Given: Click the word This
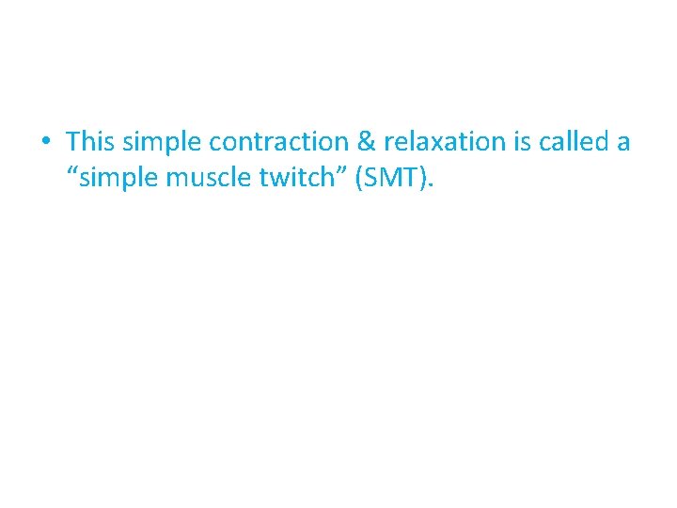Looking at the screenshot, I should click(89, 142).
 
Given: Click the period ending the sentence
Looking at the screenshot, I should click(430, 185).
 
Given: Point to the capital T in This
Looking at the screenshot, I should click(73, 142).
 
